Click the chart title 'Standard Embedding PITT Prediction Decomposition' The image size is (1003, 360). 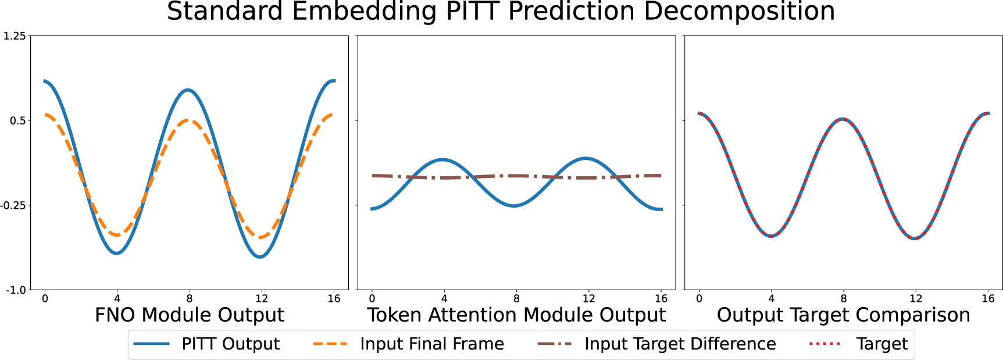[x=501, y=12]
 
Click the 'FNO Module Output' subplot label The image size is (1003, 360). [x=189, y=315]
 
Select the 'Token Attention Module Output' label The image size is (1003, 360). [x=516, y=315]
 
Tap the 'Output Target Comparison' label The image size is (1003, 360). [x=843, y=315]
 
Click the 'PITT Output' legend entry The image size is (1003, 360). [x=230, y=344]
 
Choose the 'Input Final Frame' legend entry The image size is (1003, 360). [x=431, y=344]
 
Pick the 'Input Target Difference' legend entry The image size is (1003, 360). [x=680, y=344]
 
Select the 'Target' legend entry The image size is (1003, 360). [x=881, y=344]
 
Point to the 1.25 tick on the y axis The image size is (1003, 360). [x=15, y=36]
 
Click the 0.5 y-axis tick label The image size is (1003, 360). [x=17, y=120]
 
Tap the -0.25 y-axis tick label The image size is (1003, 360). [x=13, y=205]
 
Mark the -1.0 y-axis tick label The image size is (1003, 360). [x=16, y=290]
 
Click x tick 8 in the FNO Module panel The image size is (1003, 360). [x=189, y=299]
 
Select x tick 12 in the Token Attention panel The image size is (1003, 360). [x=588, y=299]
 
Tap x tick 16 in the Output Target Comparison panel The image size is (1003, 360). [x=988, y=299]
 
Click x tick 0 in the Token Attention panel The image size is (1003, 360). [x=372, y=299]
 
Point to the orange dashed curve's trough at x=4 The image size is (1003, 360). [x=117, y=235]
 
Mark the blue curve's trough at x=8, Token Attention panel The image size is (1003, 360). [x=514, y=205]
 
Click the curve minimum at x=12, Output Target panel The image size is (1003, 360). [x=915, y=238]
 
